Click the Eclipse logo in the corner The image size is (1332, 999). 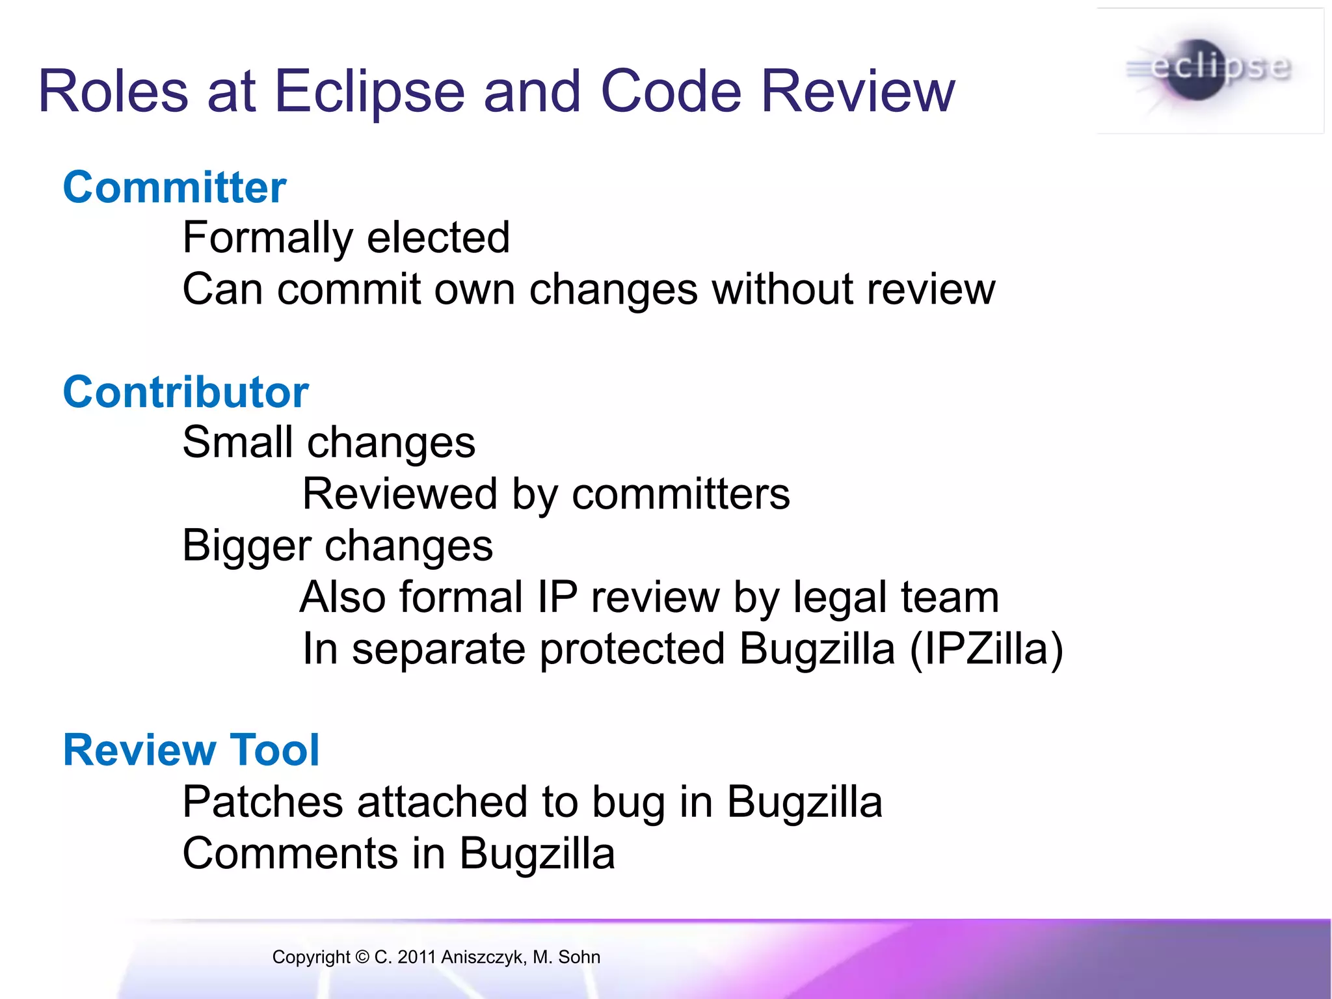tap(1210, 70)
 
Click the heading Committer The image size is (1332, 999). tap(174, 187)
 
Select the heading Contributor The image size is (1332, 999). tap(185, 392)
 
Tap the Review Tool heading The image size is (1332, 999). tap(191, 750)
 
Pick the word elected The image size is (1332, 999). tap(438, 237)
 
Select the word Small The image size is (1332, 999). tap(237, 442)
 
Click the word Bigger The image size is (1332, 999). tap(246, 546)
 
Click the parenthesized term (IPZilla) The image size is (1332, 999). tap(986, 649)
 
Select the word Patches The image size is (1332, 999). tap(262, 801)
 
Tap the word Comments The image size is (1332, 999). tap(290, 853)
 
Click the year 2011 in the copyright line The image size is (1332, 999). tap(416, 957)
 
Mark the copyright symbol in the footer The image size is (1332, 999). tap(362, 957)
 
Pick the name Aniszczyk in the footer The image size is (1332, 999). tap(483, 957)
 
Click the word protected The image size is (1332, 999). tap(632, 649)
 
